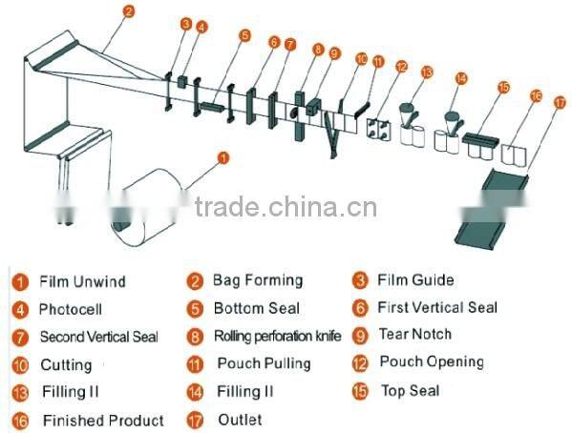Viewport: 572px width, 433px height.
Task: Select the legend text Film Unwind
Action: pyautogui.click(x=82, y=282)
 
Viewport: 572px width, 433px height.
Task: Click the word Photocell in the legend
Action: pyautogui.click(x=71, y=310)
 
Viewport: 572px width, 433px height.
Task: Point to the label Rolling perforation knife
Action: pyautogui.click(x=277, y=337)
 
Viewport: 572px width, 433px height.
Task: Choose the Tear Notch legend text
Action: pyautogui.click(x=415, y=335)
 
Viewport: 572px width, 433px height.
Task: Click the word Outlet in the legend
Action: pyautogui.click(x=240, y=420)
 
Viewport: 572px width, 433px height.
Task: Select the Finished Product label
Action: pyautogui.click(x=103, y=421)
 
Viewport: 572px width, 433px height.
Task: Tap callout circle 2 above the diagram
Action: pyautogui.click(x=129, y=12)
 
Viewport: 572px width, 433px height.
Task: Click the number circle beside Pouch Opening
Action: pyautogui.click(x=360, y=363)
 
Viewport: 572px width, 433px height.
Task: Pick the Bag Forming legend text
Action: pyautogui.click(x=258, y=280)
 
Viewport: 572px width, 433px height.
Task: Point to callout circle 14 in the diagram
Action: pyautogui.click(x=461, y=79)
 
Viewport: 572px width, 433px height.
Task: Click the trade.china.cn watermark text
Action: pyautogui.click(x=286, y=208)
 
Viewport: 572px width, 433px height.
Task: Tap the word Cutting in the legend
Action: pyautogui.click(x=66, y=365)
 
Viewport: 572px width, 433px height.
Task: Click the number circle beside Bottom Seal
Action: pyautogui.click(x=195, y=309)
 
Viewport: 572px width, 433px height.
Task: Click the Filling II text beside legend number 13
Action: pyautogui.click(x=71, y=392)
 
